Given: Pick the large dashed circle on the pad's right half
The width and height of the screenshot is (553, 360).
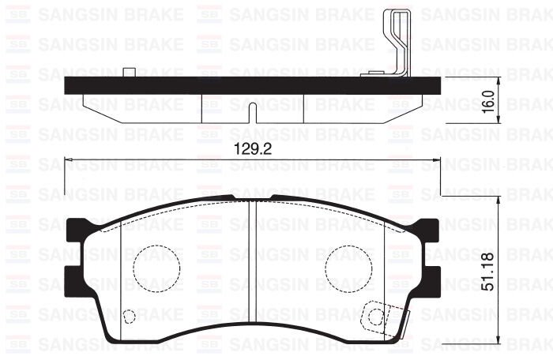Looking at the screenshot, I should coord(349,265).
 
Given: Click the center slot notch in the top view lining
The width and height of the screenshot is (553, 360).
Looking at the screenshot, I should coord(250,113).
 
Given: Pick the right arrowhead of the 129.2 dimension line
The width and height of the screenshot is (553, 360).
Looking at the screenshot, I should coord(434,160).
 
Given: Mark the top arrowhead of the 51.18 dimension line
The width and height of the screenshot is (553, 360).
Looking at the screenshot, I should coord(499,199).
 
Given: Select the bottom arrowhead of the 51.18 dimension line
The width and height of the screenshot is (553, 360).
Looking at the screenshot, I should coord(499,342).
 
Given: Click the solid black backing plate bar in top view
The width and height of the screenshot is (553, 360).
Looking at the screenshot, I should coord(237,87).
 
